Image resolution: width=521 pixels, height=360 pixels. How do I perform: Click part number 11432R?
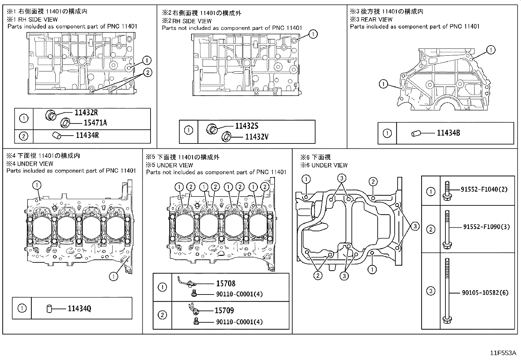(86, 113)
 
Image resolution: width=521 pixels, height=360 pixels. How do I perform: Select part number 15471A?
(95, 123)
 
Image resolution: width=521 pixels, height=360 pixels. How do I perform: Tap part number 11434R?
(87, 135)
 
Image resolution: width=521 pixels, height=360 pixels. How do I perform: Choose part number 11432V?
(257, 137)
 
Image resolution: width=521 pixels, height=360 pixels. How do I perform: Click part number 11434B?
(448, 133)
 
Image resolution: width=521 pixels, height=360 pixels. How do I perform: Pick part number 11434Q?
(79, 308)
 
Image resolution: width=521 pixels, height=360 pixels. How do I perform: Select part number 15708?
(225, 284)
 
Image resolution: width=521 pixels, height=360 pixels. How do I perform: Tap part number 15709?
(224, 310)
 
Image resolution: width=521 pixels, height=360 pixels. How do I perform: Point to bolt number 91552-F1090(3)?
(486, 227)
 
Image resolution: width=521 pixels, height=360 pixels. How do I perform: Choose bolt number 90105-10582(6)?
(485, 293)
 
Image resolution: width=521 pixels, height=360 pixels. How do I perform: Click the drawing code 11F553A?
(503, 353)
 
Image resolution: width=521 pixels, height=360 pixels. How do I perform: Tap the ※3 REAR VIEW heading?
(371, 19)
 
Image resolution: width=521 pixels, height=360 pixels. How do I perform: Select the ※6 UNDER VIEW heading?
(324, 165)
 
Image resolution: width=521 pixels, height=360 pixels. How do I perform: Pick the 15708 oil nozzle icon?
(185, 282)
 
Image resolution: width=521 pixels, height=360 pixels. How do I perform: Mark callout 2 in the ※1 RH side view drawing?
(148, 72)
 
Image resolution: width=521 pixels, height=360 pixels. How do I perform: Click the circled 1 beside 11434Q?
(22, 308)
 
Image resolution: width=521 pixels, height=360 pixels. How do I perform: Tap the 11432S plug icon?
(212, 129)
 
